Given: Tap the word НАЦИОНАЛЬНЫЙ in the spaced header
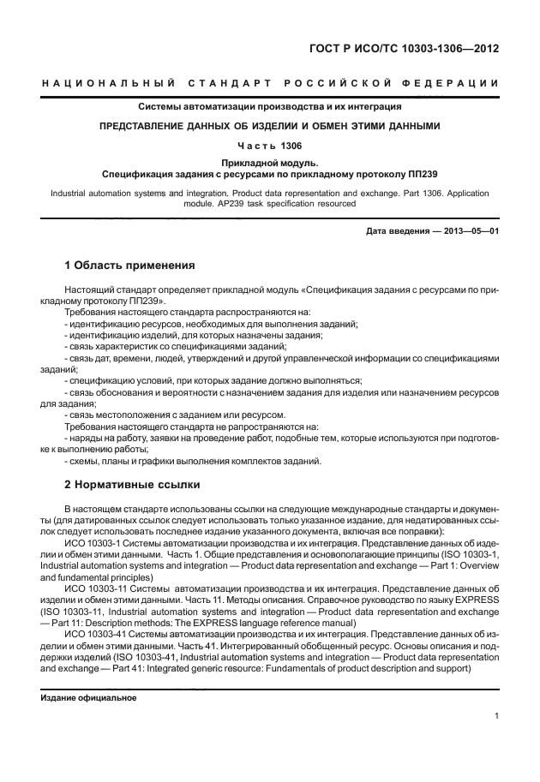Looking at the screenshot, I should click(108, 82).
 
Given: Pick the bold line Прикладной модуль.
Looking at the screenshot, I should click(269, 162).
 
